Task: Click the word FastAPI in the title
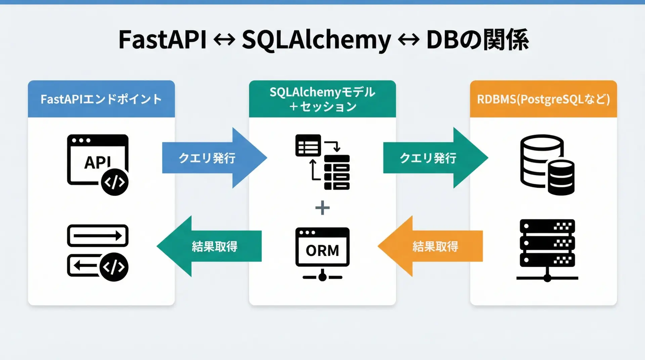(x=162, y=40)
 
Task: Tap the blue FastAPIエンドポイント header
(x=101, y=99)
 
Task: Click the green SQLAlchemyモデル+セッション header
(x=322, y=99)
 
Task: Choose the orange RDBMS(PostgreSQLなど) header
(x=543, y=99)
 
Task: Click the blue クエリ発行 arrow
(x=212, y=158)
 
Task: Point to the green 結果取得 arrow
(x=212, y=246)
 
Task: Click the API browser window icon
(x=97, y=161)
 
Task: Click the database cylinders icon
(x=547, y=165)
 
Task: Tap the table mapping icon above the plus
(x=322, y=162)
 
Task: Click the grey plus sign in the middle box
(x=322, y=208)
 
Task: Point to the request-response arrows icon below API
(x=97, y=252)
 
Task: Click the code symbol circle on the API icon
(x=115, y=182)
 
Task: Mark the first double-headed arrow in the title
(x=224, y=40)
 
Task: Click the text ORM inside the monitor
(x=322, y=251)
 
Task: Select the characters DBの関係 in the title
(x=477, y=40)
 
